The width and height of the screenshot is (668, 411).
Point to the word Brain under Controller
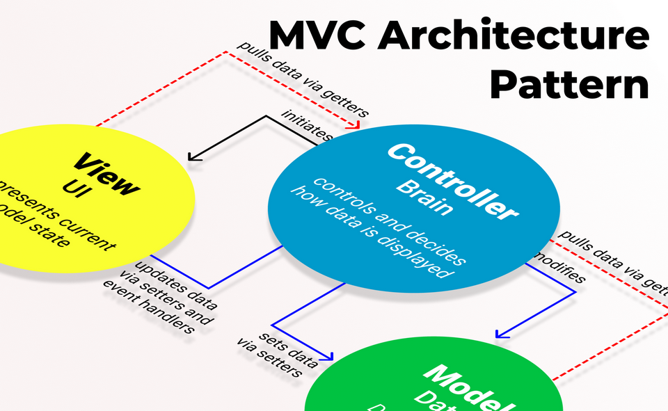click(x=424, y=198)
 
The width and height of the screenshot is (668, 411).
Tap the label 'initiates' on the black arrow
click(x=307, y=125)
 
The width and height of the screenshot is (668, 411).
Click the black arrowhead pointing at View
click(x=193, y=157)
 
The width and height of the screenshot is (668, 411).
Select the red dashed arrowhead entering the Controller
click(x=357, y=125)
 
